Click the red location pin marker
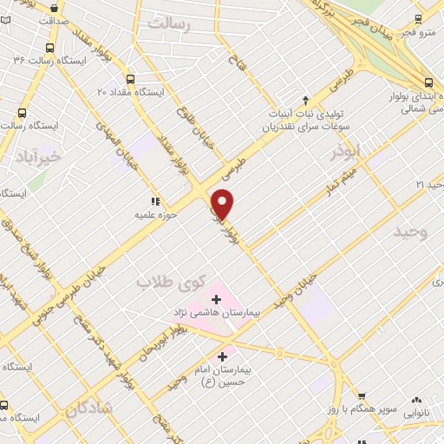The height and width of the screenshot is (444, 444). click(223, 204)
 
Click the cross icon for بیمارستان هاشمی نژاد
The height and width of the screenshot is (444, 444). click(216, 298)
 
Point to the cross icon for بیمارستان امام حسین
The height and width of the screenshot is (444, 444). click(223, 356)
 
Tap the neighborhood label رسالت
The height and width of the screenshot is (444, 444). click(168, 23)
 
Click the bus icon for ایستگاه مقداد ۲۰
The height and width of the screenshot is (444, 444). click(131, 77)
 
